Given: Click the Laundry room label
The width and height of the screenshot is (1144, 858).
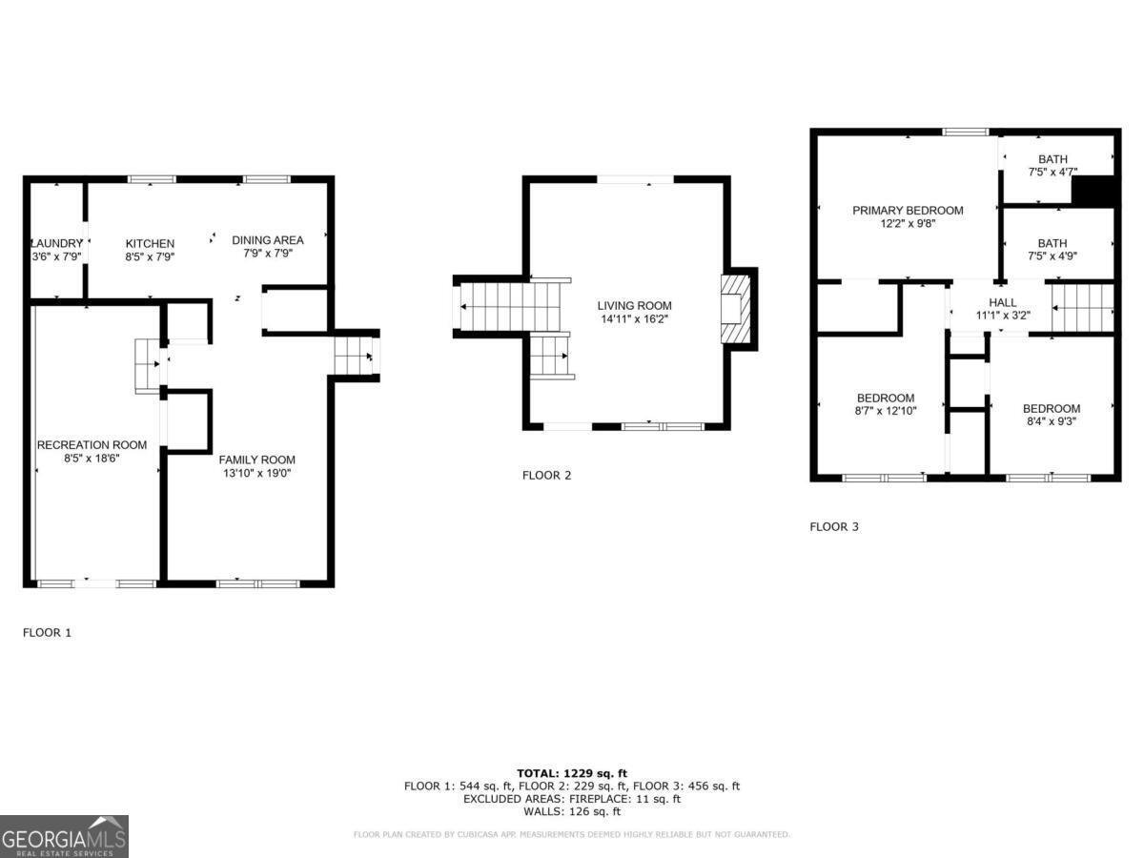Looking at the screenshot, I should click(x=56, y=243).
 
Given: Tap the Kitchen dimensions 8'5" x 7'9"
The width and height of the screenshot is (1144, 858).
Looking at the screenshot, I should click(x=150, y=256).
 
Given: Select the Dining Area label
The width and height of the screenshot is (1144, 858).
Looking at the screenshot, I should click(x=268, y=240).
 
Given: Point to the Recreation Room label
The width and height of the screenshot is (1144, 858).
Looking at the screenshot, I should click(x=92, y=445).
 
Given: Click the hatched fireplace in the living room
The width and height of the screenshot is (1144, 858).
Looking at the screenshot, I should click(x=736, y=309).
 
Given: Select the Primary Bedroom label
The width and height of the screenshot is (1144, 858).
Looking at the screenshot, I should click(x=908, y=211).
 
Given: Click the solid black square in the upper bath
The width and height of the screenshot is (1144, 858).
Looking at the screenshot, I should click(x=1093, y=192).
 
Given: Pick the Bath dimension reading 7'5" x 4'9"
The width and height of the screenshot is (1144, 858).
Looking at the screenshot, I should click(x=1053, y=256).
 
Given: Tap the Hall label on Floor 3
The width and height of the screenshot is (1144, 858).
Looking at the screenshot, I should click(x=1002, y=302).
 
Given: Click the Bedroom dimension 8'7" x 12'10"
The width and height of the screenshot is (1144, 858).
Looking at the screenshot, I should click(x=886, y=411).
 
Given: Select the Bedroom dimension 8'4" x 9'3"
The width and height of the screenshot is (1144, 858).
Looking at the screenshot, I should click(x=1052, y=421).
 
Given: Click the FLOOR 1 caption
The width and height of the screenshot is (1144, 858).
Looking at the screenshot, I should click(x=47, y=632).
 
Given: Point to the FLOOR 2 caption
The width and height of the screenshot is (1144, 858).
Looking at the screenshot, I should click(x=546, y=475).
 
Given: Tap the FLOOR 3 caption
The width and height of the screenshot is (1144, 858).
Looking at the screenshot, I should click(x=834, y=526).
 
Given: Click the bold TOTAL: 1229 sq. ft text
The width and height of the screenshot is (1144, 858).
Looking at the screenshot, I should click(x=572, y=773).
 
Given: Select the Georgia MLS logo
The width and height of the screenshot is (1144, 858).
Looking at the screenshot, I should click(x=64, y=836).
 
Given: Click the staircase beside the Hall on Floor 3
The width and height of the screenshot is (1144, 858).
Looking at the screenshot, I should click(x=1083, y=307).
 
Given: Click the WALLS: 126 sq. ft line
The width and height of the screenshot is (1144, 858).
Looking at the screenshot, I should click(x=572, y=811).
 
